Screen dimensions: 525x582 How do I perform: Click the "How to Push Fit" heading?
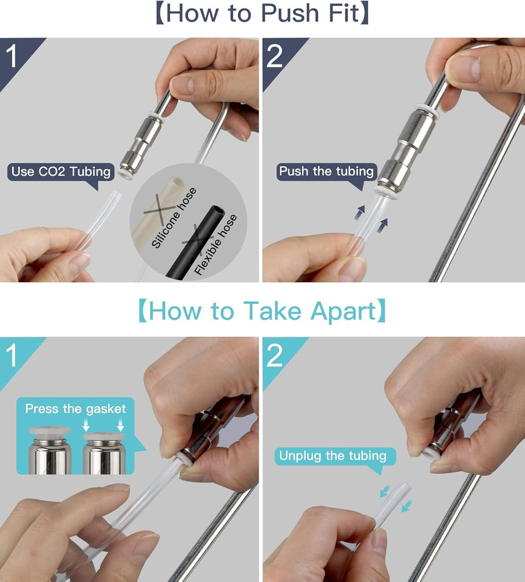(262, 13)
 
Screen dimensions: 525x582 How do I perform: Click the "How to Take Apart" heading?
(262, 311)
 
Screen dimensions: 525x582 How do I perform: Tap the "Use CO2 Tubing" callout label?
(61, 172)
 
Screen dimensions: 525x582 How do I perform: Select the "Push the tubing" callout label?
(326, 172)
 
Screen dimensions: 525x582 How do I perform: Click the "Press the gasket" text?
(76, 409)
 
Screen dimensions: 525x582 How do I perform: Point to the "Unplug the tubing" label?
(333, 456)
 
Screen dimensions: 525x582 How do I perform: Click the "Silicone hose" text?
(173, 218)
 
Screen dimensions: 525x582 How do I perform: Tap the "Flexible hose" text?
(215, 245)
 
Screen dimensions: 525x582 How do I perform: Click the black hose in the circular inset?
(196, 242)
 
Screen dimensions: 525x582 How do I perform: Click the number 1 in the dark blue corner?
(12, 56)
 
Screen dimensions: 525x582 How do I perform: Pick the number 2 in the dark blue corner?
(274, 56)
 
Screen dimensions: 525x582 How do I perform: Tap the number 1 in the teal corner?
(12, 355)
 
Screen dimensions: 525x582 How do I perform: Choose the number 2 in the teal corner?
(274, 356)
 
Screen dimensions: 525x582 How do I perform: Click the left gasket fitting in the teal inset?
(49, 450)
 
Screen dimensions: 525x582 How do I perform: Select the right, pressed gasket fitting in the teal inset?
(104, 453)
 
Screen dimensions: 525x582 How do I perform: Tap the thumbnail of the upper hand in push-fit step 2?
(463, 69)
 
